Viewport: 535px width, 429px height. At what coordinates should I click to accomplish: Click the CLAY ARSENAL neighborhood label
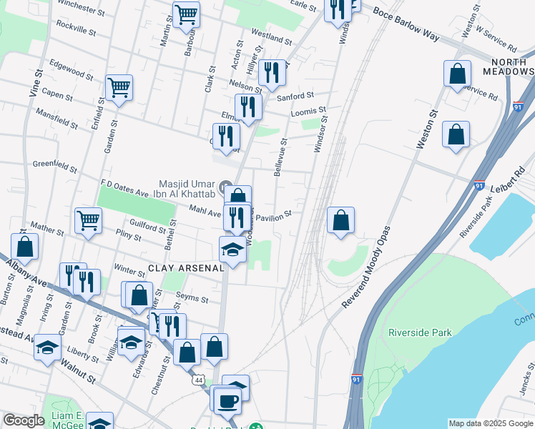186,269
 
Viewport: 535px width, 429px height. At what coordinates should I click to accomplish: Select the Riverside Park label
420,332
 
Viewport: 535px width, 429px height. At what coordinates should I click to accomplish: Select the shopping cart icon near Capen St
119,88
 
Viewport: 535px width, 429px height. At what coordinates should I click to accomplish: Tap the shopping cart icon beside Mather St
88,220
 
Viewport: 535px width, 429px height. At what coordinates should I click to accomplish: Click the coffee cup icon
228,400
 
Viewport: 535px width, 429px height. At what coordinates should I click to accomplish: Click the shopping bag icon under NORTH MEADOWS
456,74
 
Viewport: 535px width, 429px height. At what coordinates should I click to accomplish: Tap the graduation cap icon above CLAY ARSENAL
233,250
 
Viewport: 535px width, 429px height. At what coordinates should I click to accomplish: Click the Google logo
24,421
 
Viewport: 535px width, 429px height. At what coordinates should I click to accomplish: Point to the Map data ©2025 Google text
490,423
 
